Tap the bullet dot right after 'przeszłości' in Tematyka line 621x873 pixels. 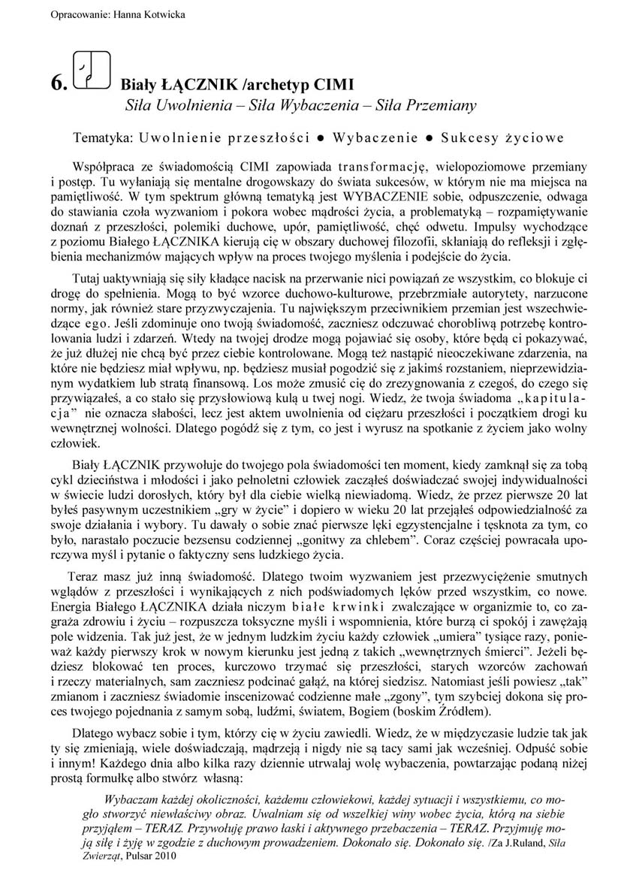tap(320, 139)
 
